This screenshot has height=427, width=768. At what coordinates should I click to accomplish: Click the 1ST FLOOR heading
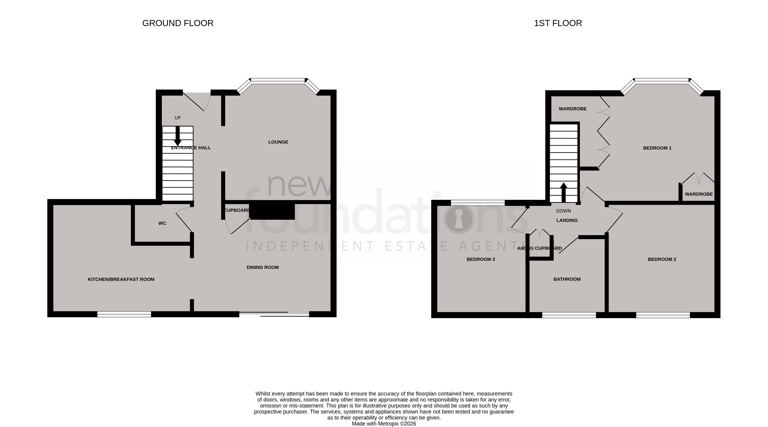(x=558, y=23)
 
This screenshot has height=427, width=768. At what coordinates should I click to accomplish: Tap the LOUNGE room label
(x=278, y=142)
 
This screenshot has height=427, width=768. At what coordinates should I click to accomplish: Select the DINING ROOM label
(x=263, y=268)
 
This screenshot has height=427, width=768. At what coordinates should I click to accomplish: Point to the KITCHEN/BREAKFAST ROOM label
(x=121, y=279)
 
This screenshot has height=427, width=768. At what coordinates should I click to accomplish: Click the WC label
(x=162, y=223)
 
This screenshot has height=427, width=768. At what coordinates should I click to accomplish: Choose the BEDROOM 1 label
(x=657, y=148)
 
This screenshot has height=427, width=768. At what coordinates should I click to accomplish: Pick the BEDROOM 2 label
(x=662, y=259)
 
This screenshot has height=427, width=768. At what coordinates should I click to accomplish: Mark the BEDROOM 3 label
(x=481, y=259)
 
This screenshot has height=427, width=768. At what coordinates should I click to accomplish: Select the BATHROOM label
(x=567, y=279)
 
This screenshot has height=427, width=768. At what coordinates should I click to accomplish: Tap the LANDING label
(x=567, y=220)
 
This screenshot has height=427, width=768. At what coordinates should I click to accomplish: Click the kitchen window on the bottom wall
(x=124, y=314)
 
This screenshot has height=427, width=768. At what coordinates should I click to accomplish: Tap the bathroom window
(x=569, y=315)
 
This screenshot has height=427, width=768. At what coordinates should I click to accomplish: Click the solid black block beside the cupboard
(x=272, y=212)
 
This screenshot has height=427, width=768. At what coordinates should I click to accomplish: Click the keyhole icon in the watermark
(x=459, y=219)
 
